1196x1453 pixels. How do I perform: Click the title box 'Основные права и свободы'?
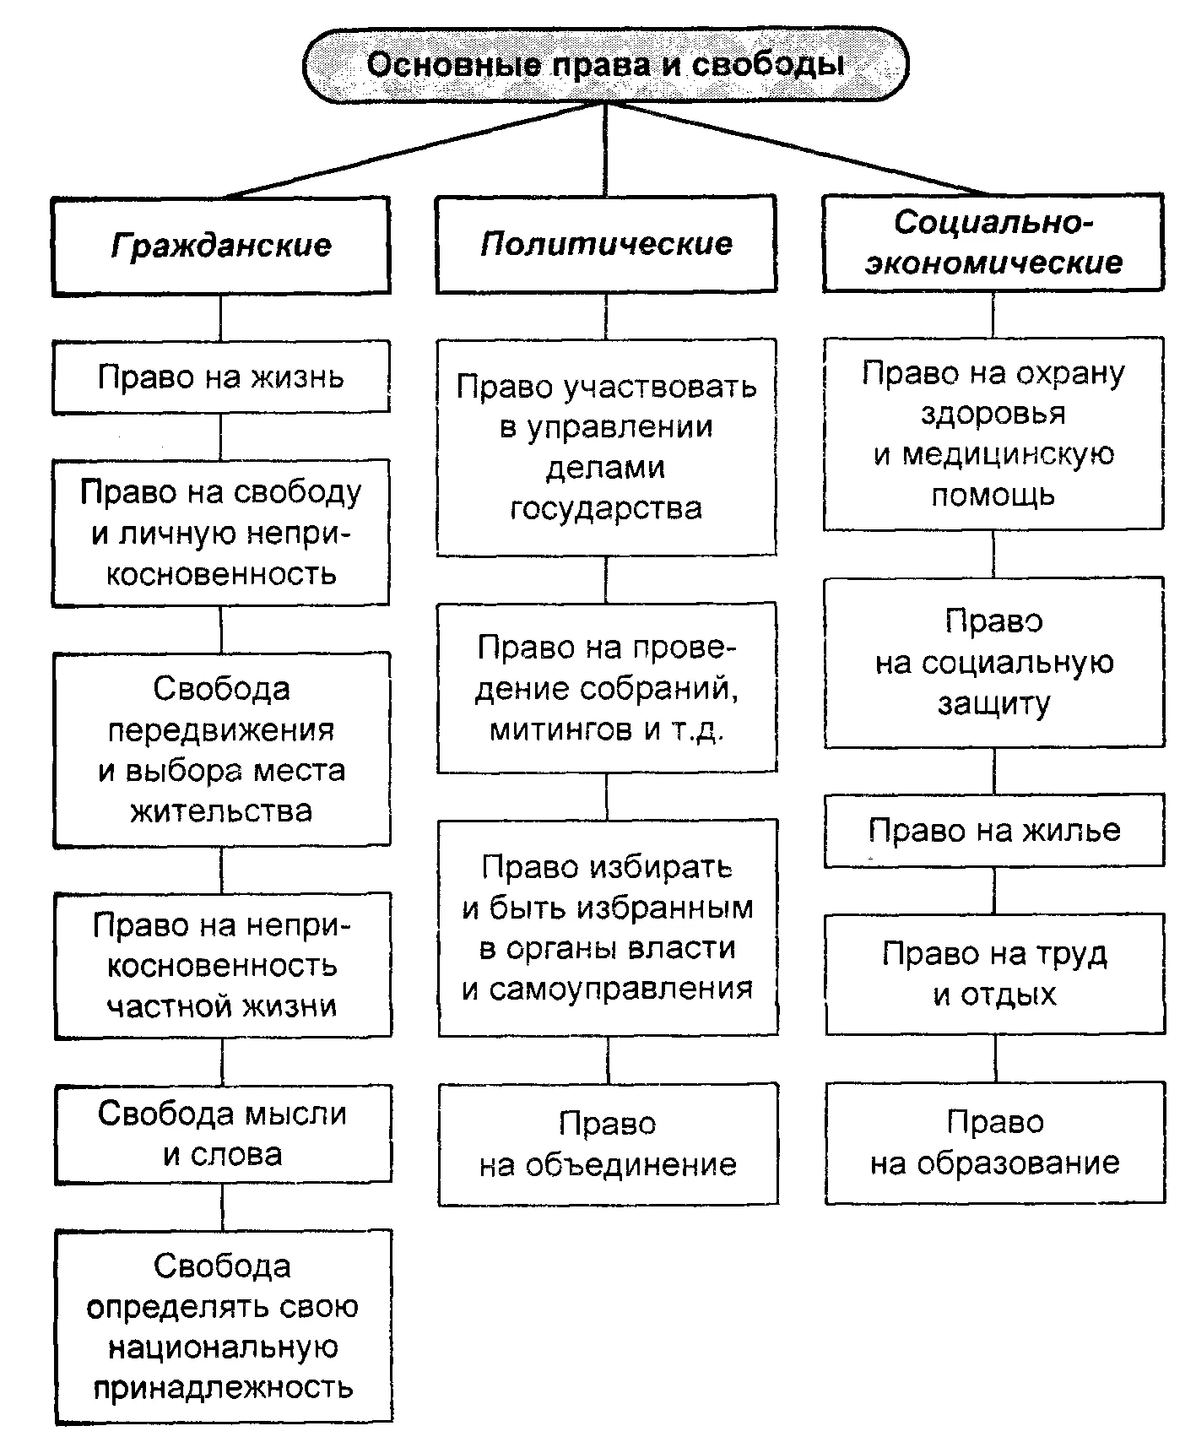click(605, 65)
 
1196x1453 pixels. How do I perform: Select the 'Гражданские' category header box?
click(220, 246)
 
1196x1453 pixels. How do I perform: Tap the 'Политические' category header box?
click(606, 244)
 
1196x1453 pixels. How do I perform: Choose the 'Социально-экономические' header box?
click(993, 242)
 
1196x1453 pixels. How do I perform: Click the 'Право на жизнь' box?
click(220, 377)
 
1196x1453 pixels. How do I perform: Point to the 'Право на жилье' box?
click(994, 830)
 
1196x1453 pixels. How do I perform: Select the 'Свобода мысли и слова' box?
click(223, 1134)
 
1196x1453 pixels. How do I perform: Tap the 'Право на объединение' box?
click(608, 1144)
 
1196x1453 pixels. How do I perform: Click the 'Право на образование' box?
click(995, 1142)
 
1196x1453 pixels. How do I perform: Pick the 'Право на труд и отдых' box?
click(995, 973)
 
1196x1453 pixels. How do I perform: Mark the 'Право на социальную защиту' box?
click(994, 663)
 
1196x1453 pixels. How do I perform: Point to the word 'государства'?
click(606, 509)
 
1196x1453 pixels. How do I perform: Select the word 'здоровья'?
click(993, 414)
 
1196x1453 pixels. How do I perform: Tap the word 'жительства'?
click(221, 811)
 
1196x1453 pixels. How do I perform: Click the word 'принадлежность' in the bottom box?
click(223, 1388)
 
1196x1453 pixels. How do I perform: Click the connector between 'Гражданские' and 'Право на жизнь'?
click(220, 318)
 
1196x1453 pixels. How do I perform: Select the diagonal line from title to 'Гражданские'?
click(412, 150)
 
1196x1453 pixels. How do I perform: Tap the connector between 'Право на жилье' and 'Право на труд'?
click(994, 891)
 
